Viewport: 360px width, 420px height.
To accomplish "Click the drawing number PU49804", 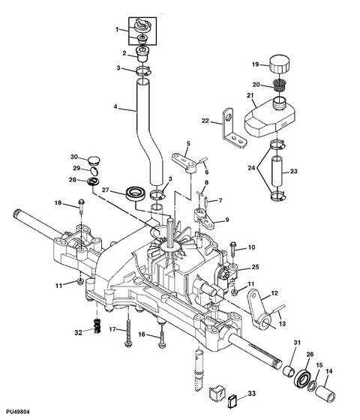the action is click(18, 412).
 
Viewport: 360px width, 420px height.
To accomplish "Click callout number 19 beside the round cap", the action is click(255, 64).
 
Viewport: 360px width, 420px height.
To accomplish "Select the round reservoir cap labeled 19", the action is click(279, 64).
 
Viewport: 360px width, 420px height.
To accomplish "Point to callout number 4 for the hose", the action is click(115, 106).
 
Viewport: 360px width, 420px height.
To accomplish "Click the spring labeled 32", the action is click(97, 325).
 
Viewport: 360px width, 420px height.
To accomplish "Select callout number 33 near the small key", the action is click(251, 394).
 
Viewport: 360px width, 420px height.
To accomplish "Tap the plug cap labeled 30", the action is click(94, 161).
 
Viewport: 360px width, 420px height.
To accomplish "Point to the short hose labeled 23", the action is click(277, 172).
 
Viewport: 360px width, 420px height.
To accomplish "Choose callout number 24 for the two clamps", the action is click(251, 168).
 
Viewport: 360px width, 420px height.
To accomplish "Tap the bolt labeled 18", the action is click(81, 205).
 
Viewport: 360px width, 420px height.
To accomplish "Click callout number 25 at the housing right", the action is click(256, 267).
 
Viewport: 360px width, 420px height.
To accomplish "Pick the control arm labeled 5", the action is click(185, 163).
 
